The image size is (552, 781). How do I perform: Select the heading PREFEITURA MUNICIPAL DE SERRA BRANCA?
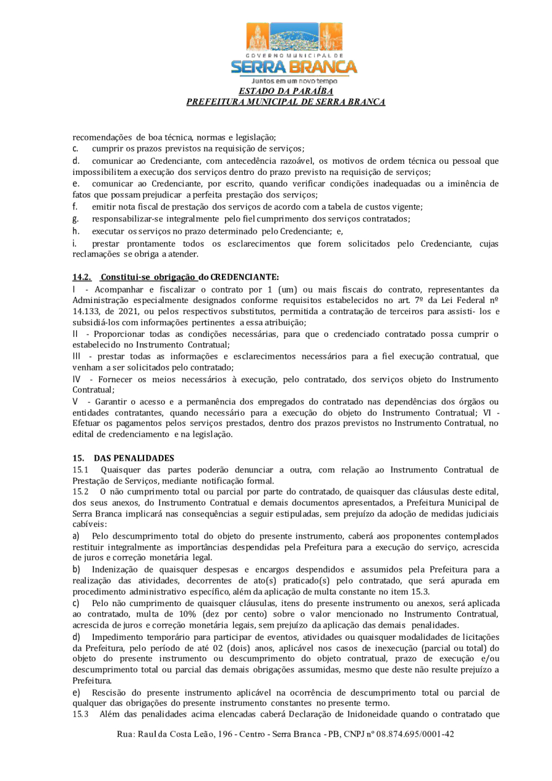286,102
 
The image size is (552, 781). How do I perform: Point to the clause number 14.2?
82,277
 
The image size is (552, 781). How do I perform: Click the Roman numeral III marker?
78,356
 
